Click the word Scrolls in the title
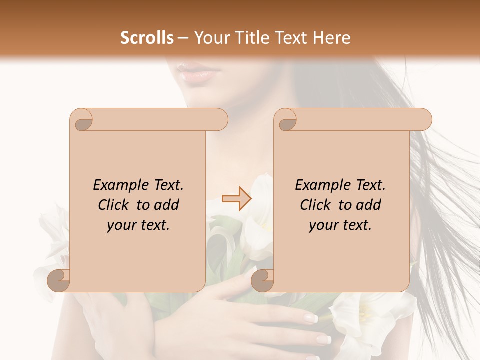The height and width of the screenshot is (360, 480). tap(148, 38)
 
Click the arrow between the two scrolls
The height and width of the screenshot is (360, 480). tap(237, 199)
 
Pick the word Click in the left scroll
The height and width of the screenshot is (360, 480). tap(115, 205)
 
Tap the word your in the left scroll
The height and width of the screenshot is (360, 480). tap(120, 225)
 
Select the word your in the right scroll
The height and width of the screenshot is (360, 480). tap(322, 225)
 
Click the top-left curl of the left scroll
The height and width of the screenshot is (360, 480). tap(82, 120)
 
